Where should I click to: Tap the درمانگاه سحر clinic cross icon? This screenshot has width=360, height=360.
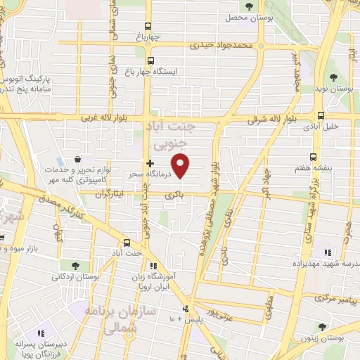click(x=150, y=163)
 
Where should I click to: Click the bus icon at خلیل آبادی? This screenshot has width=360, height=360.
click(x=321, y=115)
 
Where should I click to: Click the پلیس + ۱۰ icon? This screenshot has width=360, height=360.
click(x=186, y=309)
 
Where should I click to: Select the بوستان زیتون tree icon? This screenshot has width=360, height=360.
click(x=323, y=326)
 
